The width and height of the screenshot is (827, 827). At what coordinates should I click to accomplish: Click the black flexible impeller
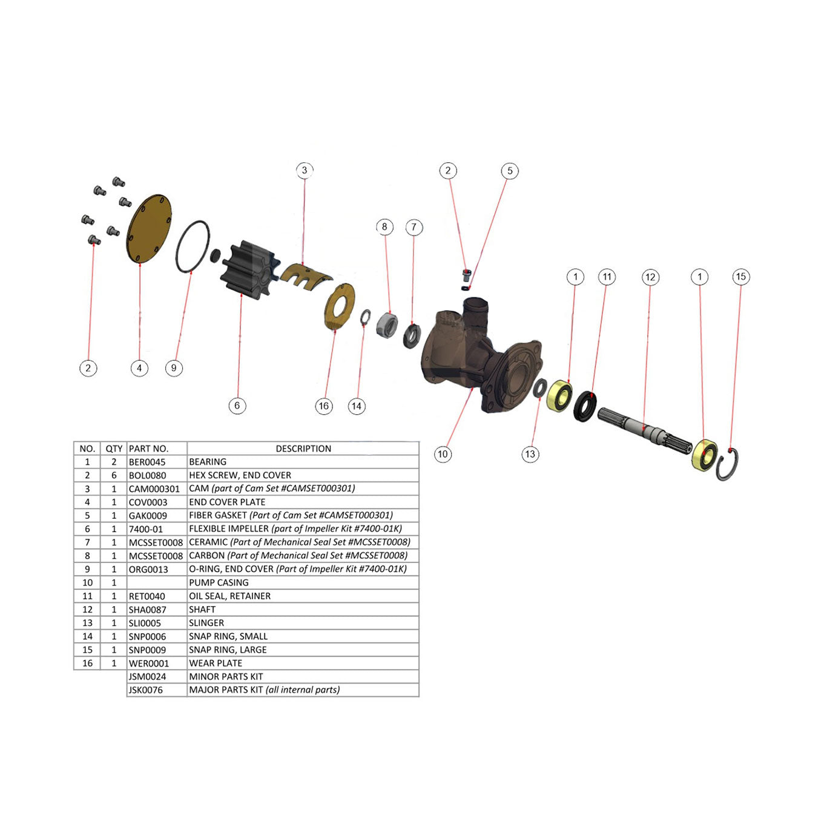[x=242, y=270]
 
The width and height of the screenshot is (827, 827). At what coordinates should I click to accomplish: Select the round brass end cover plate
[x=149, y=228]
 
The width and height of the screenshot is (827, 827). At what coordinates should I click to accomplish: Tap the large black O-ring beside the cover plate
[x=193, y=246]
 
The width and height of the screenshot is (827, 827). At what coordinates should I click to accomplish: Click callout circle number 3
[x=305, y=170]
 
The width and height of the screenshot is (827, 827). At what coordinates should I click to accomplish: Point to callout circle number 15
[x=740, y=277]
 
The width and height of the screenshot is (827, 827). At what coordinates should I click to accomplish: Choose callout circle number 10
[x=443, y=454]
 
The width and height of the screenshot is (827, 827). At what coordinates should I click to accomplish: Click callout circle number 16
[x=323, y=406]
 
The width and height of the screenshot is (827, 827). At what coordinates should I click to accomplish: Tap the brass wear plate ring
[x=340, y=307]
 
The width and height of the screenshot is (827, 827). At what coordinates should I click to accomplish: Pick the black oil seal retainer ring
[x=585, y=406]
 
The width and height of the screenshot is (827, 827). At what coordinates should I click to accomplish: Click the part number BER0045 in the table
[x=147, y=462]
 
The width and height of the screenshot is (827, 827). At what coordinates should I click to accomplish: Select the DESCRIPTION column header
[x=303, y=449]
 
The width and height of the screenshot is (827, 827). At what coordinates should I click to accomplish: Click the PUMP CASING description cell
[x=219, y=582]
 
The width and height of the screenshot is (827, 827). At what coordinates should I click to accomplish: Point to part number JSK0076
[x=146, y=690]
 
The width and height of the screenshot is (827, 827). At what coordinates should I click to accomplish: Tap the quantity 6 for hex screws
[x=114, y=475]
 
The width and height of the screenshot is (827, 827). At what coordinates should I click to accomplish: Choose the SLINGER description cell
[x=206, y=623]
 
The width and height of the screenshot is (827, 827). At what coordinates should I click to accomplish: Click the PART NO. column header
[x=148, y=449]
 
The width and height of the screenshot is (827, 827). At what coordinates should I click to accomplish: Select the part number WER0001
[x=149, y=664]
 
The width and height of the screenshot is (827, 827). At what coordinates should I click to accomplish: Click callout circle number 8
[x=384, y=227]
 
